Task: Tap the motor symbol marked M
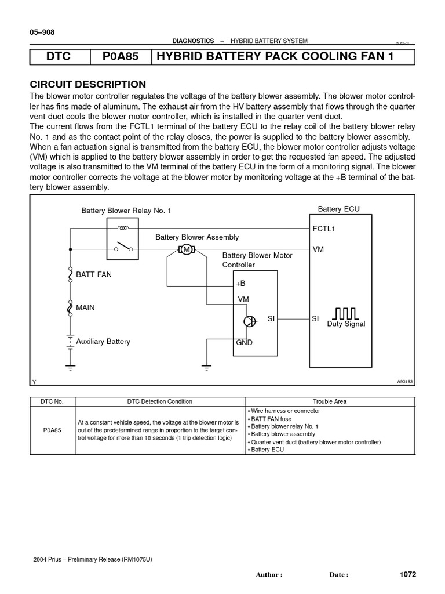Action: [x=187, y=249]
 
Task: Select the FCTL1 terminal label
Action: [x=324, y=229]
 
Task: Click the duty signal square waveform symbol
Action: [x=346, y=313]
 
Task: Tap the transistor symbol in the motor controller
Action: [x=250, y=321]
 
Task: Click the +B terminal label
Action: [x=241, y=284]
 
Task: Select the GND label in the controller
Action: [x=244, y=343]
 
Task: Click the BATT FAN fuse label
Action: [x=94, y=274]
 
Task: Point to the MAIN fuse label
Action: [x=85, y=308]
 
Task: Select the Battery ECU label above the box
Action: [x=338, y=209]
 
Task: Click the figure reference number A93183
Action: [x=406, y=382]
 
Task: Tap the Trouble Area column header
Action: [x=330, y=401]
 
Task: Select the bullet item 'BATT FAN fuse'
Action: [x=271, y=418]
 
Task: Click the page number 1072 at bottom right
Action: [x=407, y=574]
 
